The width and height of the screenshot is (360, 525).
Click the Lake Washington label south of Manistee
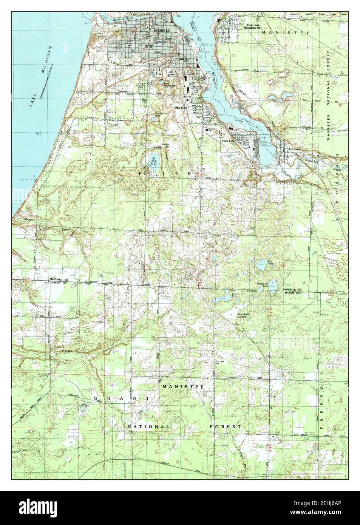pyautogui.click(x=168, y=85)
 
